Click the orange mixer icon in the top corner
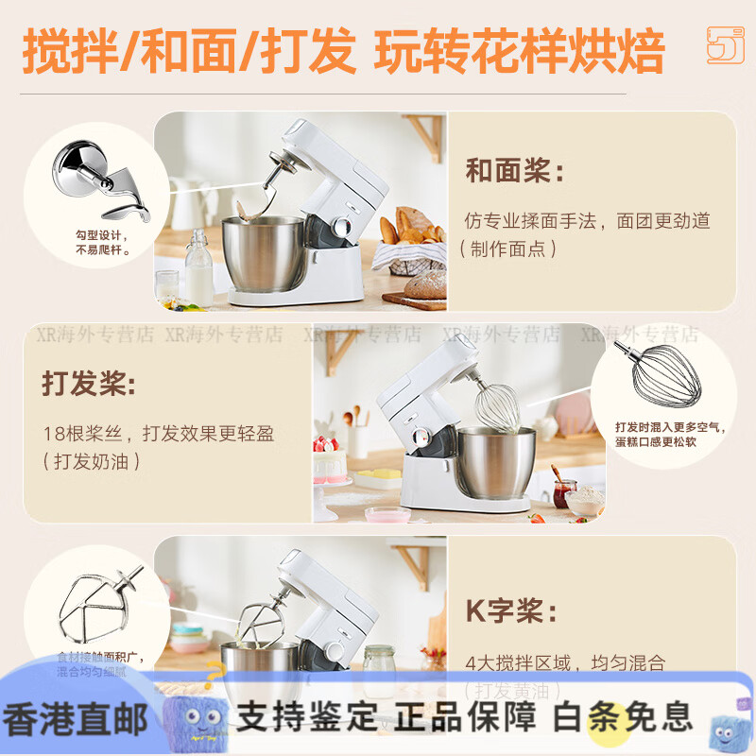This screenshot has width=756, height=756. tap(725, 44)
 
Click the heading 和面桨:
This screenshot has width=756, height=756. tap(514, 172)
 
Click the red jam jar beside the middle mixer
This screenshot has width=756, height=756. tap(564, 492)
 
